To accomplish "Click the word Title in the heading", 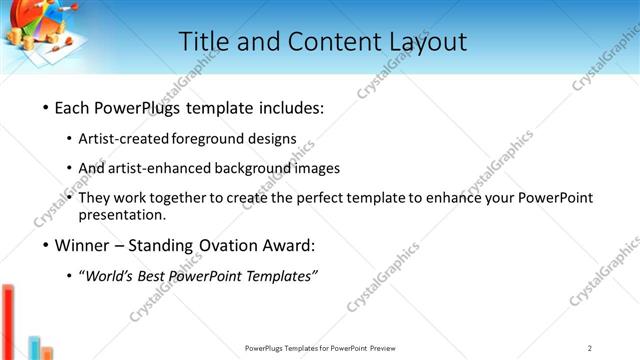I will [x=201, y=42].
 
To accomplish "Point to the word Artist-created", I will [x=124, y=138].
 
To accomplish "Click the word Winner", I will [x=80, y=245].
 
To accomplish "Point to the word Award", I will [x=290, y=245].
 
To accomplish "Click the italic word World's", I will [x=111, y=276].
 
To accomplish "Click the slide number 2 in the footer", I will [x=590, y=348].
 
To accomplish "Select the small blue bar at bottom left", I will [x=34, y=348].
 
